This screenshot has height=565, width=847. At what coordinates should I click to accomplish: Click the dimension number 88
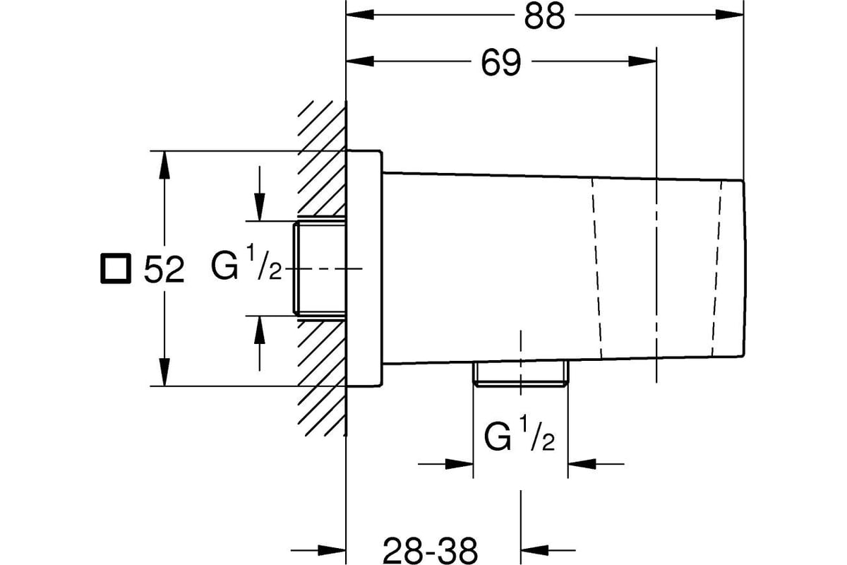tap(545, 16)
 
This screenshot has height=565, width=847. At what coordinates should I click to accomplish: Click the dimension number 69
tap(501, 64)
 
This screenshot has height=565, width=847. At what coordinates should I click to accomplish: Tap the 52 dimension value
tap(164, 270)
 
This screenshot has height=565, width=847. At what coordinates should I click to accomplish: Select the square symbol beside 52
tap(115, 268)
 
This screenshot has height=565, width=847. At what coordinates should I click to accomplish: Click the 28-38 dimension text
tap(430, 549)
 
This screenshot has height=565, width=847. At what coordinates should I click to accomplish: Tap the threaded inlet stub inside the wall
tap(319, 268)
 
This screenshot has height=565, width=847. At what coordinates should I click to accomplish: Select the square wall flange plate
tap(364, 268)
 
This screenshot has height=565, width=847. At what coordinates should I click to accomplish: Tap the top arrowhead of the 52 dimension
tap(164, 164)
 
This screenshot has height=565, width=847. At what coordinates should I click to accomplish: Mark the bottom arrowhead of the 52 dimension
tap(164, 373)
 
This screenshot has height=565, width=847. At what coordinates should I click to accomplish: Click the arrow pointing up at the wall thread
tap(260, 329)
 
